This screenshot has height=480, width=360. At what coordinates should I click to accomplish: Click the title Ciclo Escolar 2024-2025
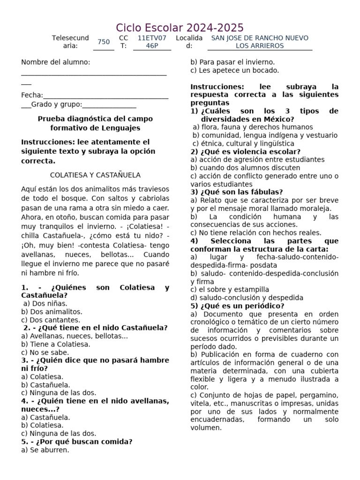point(180,27)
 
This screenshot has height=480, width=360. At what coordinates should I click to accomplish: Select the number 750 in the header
point(104,42)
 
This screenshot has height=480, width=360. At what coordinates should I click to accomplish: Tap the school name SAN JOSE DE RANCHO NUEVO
point(260,38)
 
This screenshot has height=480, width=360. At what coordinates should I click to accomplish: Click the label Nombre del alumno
point(56,62)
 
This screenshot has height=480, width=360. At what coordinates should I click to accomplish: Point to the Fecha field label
point(32,95)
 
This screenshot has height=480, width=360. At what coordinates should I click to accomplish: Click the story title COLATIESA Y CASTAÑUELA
point(95,175)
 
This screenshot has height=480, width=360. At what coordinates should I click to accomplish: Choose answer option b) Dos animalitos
point(52,311)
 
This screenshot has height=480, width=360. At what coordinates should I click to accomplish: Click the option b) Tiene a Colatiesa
point(56,344)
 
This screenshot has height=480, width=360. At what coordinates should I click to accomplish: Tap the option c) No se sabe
point(45,352)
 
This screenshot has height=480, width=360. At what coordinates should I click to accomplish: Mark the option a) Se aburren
point(45,450)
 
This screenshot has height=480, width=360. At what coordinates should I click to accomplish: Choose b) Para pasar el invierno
point(232,62)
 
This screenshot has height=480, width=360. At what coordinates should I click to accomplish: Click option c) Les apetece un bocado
point(234,70)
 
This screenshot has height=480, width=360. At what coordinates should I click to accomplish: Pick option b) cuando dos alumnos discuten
point(245,168)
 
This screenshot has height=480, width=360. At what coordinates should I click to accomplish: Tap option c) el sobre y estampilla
point(230,290)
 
